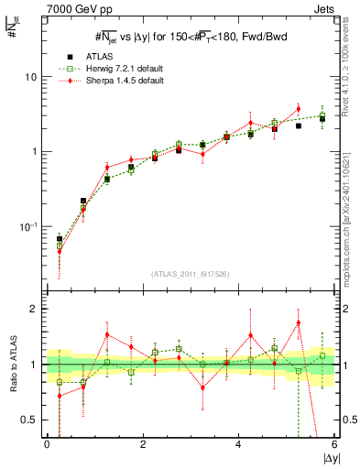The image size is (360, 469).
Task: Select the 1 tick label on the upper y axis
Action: (x=33, y=152)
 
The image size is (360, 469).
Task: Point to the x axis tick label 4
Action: (x=238, y=444)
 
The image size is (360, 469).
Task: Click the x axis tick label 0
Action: (x=47, y=444)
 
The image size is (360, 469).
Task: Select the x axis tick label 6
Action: (x=334, y=444)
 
